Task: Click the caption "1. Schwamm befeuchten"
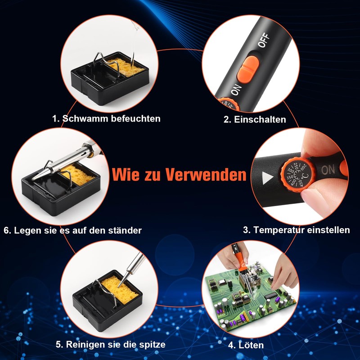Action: point(106,119)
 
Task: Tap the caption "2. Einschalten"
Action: point(255,120)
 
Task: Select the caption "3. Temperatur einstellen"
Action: point(297,230)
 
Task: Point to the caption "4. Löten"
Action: point(246,346)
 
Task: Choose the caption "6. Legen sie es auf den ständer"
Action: point(72,230)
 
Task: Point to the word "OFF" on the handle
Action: point(264,41)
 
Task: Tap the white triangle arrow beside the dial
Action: point(268,179)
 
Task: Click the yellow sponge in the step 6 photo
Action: point(80,175)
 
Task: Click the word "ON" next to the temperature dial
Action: point(328,170)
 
